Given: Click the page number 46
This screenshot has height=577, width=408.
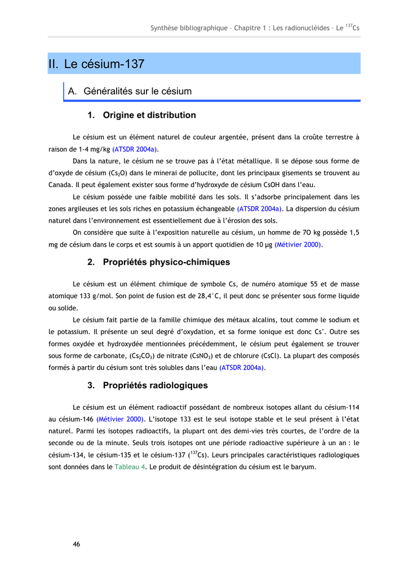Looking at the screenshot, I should [x=76, y=544].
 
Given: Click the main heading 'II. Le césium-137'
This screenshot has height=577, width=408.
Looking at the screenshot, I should [x=96, y=64].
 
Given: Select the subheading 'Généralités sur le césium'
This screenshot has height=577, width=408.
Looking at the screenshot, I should [x=138, y=91].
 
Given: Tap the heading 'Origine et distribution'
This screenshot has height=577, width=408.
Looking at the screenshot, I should [x=149, y=116].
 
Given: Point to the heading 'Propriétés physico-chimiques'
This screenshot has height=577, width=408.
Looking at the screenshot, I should [x=166, y=262].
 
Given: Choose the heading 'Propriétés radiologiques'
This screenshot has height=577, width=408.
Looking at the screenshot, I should [x=155, y=385].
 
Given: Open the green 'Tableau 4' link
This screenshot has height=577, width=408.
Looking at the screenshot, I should [x=130, y=467].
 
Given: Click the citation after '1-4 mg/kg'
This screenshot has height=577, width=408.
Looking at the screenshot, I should [x=135, y=149].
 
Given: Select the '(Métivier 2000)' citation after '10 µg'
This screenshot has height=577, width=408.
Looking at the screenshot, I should [x=298, y=245].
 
